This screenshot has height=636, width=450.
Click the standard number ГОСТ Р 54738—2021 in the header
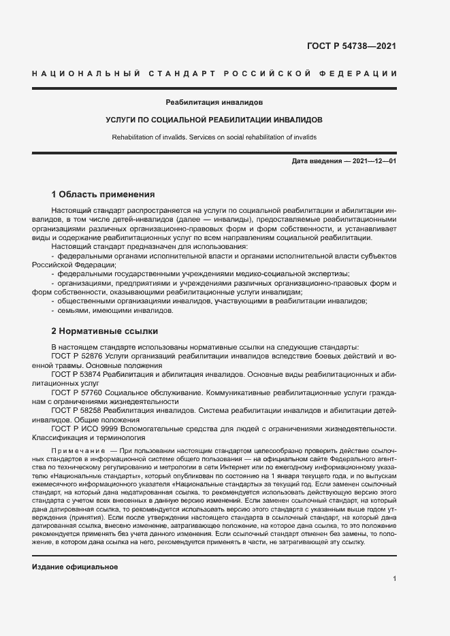pyautogui.click(x=352, y=47)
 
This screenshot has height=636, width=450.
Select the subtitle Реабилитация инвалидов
pyautogui.click(x=214, y=102)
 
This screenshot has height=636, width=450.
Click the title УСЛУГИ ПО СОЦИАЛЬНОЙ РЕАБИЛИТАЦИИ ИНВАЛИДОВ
pyautogui.click(x=214, y=120)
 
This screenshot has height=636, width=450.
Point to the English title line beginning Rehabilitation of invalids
pyautogui.click(x=214, y=137)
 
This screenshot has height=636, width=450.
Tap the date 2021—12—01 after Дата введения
pyautogui.click(x=374, y=161)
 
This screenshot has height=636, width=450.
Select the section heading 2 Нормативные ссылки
pyautogui.click(x=104, y=331)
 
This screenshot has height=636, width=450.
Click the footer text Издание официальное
pyautogui.click(x=75, y=567)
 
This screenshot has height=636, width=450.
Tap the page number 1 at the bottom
pyautogui.click(x=394, y=579)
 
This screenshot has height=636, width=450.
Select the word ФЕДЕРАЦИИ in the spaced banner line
pyautogui.click(x=361, y=73)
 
